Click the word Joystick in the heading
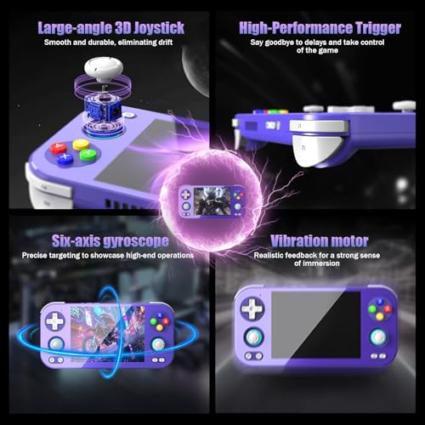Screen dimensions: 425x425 click(159, 28)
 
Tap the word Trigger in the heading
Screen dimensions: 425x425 click(378, 29)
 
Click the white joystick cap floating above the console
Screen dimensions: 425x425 click(104, 69)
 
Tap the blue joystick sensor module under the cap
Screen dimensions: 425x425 click(102, 112)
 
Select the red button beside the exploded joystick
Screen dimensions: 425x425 click(59, 148)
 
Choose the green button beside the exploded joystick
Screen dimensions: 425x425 click(88, 155)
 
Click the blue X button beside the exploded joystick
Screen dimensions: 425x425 click(65, 158)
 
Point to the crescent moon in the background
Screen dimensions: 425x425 click(195, 71)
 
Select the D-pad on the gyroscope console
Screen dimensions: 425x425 click(55, 320)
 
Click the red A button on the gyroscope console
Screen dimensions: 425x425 click(166, 321)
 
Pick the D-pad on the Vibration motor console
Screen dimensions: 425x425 click(252, 309)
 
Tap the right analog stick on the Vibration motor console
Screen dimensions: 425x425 click(378, 337)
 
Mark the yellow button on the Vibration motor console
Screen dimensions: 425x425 click(380, 316)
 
